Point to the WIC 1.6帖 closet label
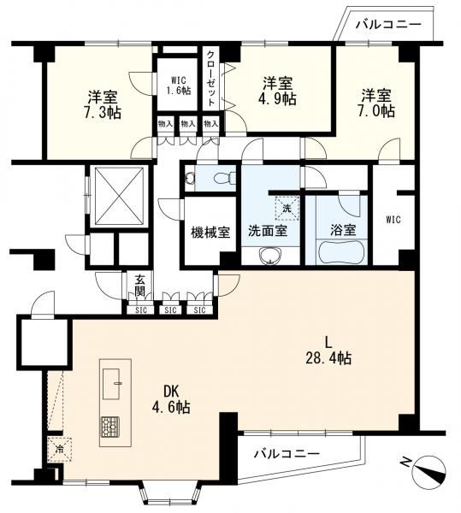(178, 85)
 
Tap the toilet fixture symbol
(225, 178)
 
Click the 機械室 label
(210, 233)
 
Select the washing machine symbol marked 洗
(287, 208)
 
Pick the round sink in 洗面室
(270, 255)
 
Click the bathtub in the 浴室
(341, 252)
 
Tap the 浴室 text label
(343, 231)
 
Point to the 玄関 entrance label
(140, 286)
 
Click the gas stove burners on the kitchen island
(110, 427)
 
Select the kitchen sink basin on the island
(111, 383)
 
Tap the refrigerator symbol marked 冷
(60, 450)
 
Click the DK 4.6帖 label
(170, 399)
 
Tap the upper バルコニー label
(388, 25)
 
